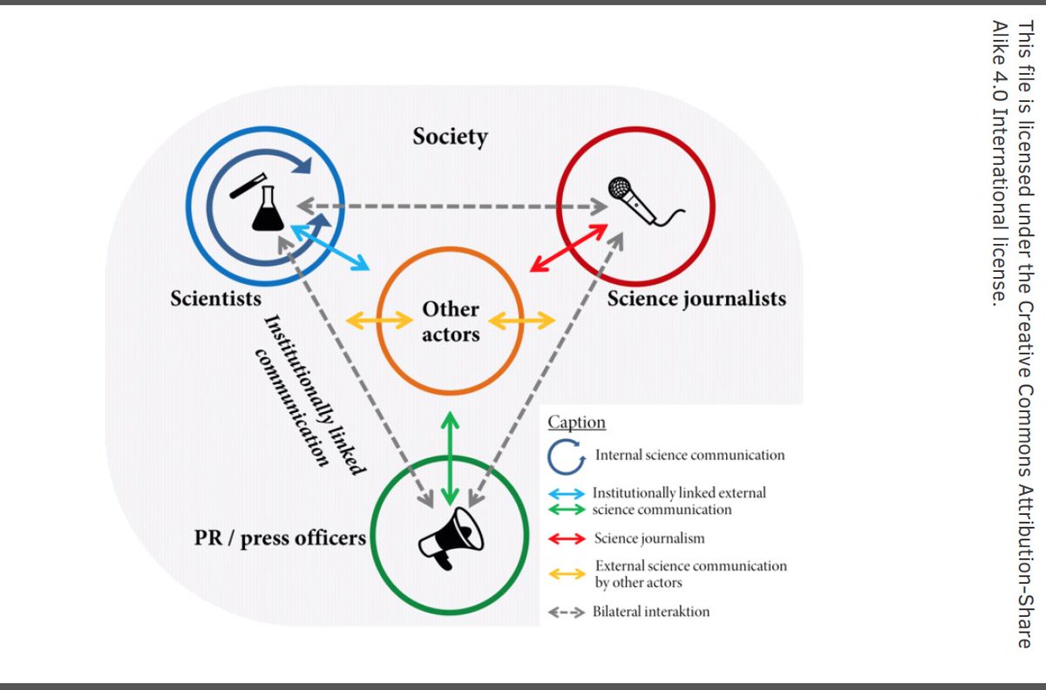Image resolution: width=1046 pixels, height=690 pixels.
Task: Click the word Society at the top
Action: [x=450, y=137]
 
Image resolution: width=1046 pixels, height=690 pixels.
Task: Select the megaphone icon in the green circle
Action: [x=450, y=537]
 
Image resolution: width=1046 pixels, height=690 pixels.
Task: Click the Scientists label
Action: [x=216, y=299]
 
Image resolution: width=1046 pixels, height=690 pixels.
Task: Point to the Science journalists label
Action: [x=696, y=299]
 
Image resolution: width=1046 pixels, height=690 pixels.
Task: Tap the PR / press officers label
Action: [x=280, y=538]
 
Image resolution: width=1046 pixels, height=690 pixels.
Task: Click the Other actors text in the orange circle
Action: [x=451, y=321]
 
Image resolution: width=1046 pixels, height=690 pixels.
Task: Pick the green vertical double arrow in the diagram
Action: [x=450, y=457]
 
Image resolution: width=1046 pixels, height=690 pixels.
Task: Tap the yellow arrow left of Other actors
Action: [x=380, y=321]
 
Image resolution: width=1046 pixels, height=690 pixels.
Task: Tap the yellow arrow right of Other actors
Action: [x=521, y=321]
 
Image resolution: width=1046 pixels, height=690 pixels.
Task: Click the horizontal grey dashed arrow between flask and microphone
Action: [x=452, y=207]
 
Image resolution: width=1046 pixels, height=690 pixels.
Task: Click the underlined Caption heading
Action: [x=576, y=423]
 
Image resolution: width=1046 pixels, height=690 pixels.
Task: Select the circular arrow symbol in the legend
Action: [x=566, y=456]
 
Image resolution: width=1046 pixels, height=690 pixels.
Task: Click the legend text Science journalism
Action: [x=649, y=538]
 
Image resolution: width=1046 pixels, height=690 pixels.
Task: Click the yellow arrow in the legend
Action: [x=566, y=572]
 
